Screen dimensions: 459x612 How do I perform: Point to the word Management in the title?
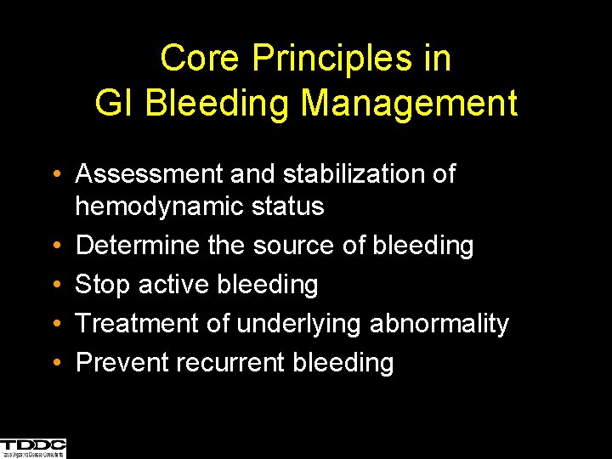pyautogui.click(x=409, y=103)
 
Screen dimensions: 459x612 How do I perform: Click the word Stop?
pyautogui.click(x=101, y=285)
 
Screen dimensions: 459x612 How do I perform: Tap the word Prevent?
pyautogui.click(x=122, y=363)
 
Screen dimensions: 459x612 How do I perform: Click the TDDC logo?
pyautogui.click(x=33, y=448)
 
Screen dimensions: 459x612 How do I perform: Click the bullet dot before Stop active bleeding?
pyautogui.click(x=55, y=286)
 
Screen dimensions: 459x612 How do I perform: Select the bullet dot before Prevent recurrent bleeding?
pyautogui.click(x=55, y=364)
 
